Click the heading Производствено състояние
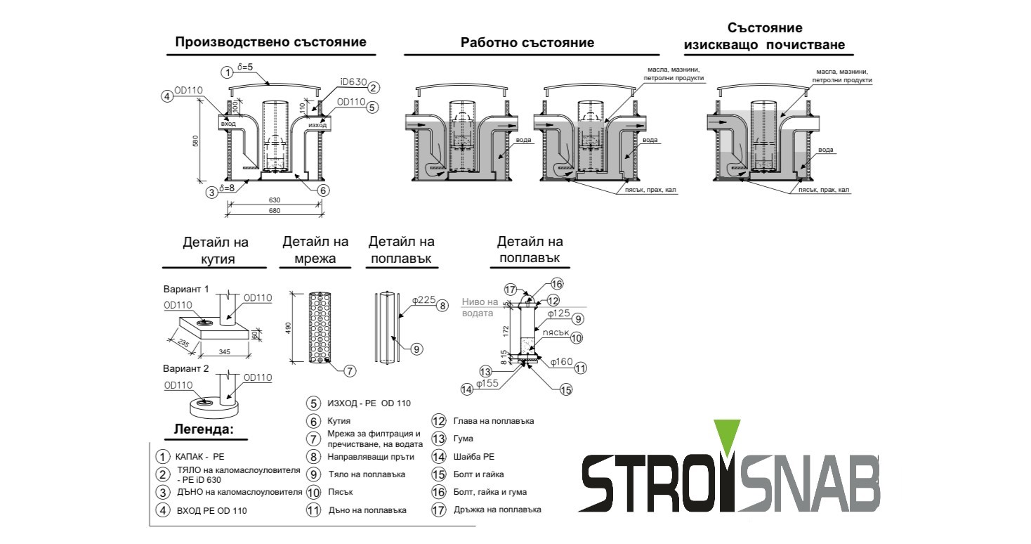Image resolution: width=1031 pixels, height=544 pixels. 270,42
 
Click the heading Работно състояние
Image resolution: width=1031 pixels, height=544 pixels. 527,43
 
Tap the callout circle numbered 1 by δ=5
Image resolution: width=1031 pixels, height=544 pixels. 226,72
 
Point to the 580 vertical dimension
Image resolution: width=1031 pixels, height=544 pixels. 196,141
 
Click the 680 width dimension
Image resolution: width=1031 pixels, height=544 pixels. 275,209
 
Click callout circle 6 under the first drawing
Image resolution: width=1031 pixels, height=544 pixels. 322,190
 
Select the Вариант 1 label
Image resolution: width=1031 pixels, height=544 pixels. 186,289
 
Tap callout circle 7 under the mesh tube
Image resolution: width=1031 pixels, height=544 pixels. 350,370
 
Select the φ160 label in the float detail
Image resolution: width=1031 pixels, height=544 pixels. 561,362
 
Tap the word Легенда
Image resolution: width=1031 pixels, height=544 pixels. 202,429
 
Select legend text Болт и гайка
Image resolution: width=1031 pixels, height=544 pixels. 478,474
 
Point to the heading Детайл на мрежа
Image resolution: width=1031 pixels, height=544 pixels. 315,250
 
